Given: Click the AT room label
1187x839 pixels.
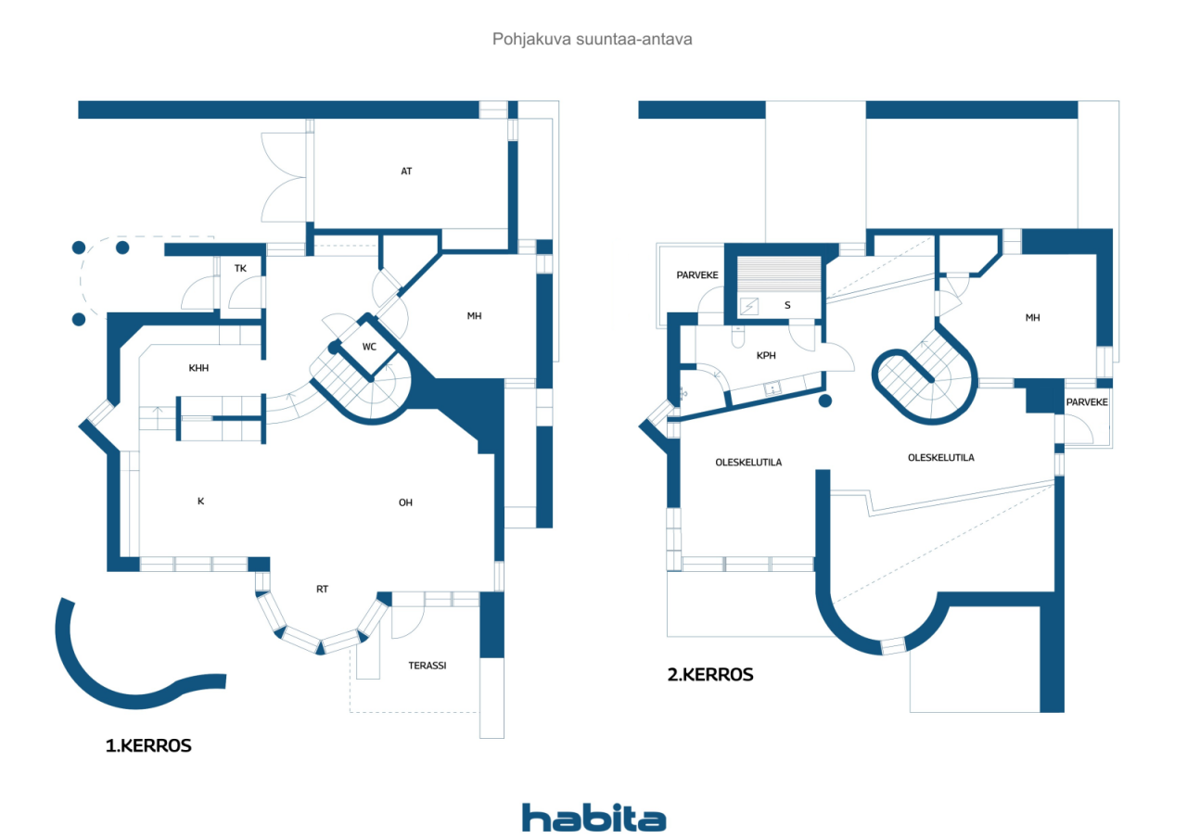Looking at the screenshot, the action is [x=406, y=172].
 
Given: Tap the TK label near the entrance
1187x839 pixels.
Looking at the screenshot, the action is [x=240, y=269].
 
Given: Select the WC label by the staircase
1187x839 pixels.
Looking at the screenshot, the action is [x=369, y=347].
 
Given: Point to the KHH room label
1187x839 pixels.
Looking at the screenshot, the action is [x=198, y=368].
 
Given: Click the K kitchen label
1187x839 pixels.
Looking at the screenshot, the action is [x=201, y=501].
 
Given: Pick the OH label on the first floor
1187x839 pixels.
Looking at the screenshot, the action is [x=405, y=502].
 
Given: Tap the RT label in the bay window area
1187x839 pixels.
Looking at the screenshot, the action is [x=322, y=589].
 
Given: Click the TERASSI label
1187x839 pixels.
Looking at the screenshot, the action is [x=428, y=666].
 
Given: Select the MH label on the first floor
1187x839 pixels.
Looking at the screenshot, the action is [x=474, y=316].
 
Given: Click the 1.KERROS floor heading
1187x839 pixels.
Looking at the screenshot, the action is [x=148, y=745].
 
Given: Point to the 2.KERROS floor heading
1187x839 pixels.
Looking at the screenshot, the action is [x=710, y=675].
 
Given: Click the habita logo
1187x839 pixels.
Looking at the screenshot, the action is [x=594, y=818].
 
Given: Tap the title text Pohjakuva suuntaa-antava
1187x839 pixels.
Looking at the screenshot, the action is [x=593, y=39].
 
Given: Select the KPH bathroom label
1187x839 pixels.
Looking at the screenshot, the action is [x=766, y=356].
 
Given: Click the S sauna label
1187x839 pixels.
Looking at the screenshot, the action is [x=787, y=305].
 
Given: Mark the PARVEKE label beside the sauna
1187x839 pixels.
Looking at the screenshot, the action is [x=697, y=275].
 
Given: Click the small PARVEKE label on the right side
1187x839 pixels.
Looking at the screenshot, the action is [x=1087, y=402].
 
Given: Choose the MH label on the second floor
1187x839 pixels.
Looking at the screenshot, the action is [x=1032, y=318].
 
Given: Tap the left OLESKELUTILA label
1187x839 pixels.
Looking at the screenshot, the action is [x=748, y=463].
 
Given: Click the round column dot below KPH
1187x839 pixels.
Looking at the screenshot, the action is [x=825, y=401].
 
